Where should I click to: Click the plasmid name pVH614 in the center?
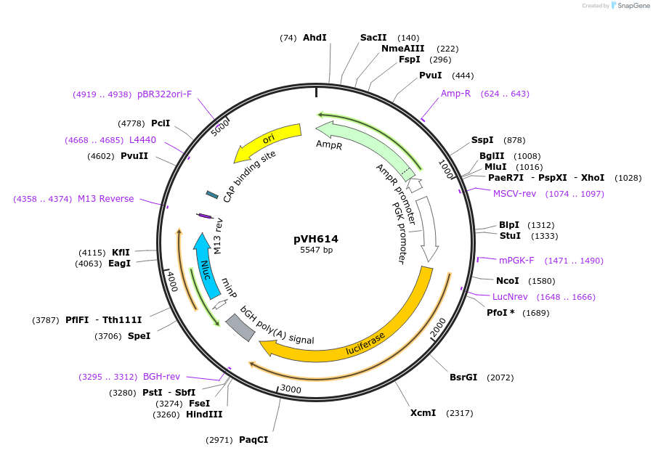tap(316, 238)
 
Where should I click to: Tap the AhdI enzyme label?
tap(315, 38)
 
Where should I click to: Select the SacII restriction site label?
tap(373, 38)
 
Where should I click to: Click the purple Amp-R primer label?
tap(455, 94)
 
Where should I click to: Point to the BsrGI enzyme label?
tap(463, 377)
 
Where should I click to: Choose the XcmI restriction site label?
tap(423, 413)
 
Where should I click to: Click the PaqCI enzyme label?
tap(254, 439)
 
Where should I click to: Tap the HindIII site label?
tap(204, 415)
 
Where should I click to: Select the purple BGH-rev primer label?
tap(161, 377)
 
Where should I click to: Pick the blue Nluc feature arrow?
tap(206, 265)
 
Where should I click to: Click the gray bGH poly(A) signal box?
tap(240, 327)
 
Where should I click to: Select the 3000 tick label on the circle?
tap(291, 389)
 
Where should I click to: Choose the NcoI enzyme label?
tap(508, 281)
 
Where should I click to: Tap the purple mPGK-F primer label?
tap(516, 261)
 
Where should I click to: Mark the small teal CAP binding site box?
tap(212, 195)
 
